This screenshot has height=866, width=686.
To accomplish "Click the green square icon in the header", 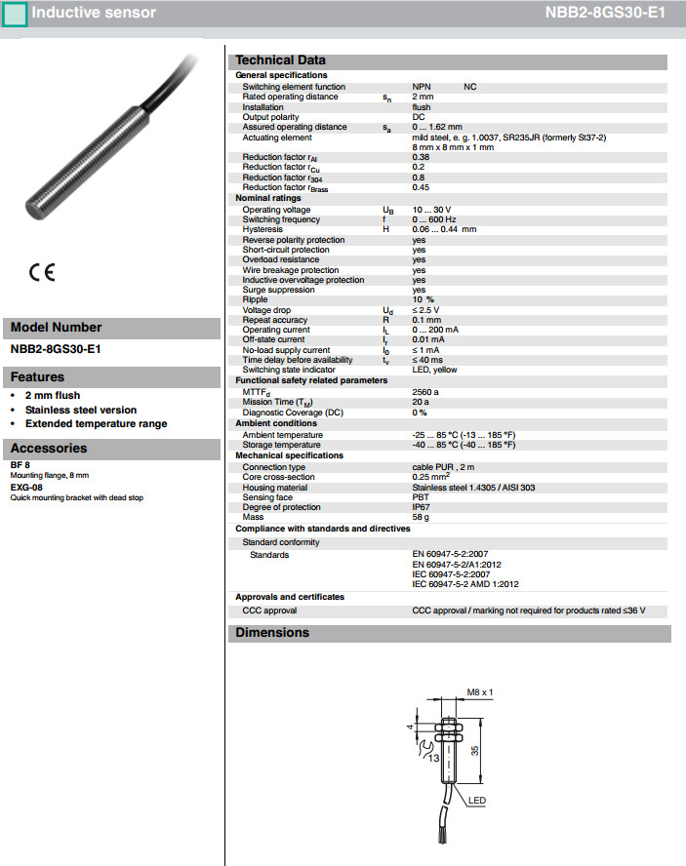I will pyautogui.click(x=15, y=15).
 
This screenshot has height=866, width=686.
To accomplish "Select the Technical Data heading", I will pyautogui.click(x=281, y=60).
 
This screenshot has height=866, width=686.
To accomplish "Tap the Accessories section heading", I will pyautogui.click(x=49, y=449).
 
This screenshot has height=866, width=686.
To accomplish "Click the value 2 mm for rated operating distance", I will pyautogui.click(x=423, y=97).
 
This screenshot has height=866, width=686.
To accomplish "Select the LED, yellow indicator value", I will pyautogui.click(x=434, y=370).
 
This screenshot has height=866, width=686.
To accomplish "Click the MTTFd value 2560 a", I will pyautogui.click(x=425, y=391).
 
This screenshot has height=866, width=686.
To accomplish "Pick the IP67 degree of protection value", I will pyautogui.click(x=421, y=507).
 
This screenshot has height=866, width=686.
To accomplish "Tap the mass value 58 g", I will pyautogui.click(x=421, y=517).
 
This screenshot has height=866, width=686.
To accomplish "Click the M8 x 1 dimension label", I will pyautogui.click(x=480, y=691).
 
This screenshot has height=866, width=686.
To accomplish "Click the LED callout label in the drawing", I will pyautogui.click(x=477, y=801).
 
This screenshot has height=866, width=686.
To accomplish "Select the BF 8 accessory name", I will pyautogui.click(x=20, y=465).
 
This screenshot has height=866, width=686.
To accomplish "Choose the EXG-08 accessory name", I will pyautogui.click(x=26, y=487).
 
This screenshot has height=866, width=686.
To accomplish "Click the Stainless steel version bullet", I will pyautogui.click(x=81, y=410).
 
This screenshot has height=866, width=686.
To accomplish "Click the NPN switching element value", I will pyautogui.click(x=422, y=87).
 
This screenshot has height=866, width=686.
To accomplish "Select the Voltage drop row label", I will pyautogui.click(x=265, y=310).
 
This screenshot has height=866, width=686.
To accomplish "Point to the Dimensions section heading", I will pyautogui.click(x=272, y=633).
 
